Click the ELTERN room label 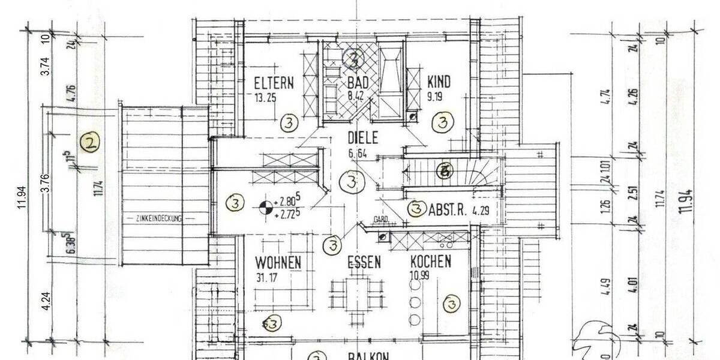(x=274, y=83)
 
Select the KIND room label (x=439, y=82)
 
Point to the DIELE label (x=363, y=138)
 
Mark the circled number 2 (x=90, y=143)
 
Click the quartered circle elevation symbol (x=264, y=208)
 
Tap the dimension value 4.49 (x=605, y=281)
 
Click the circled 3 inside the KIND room (x=443, y=124)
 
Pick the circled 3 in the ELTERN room (x=289, y=124)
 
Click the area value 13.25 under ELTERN (x=265, y=98)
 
